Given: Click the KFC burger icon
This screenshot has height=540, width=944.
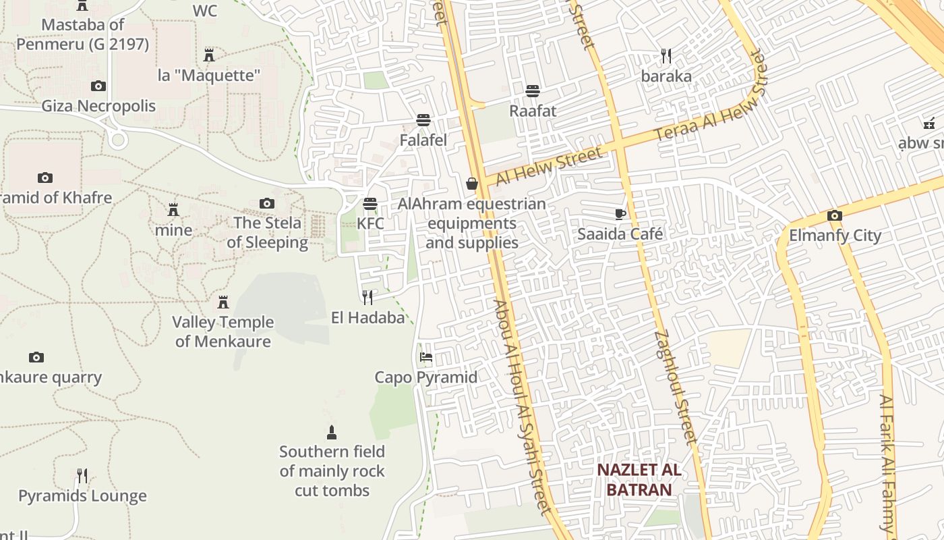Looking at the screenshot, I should (370, 203).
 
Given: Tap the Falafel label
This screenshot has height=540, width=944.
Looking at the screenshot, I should (423, 140).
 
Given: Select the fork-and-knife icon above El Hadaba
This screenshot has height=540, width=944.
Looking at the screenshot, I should (367, 298).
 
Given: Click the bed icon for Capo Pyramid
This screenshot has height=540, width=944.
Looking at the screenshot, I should (425, 357).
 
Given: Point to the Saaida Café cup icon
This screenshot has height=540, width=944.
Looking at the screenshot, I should (620, 214).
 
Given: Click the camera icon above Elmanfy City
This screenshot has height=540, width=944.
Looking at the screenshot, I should (835, 216).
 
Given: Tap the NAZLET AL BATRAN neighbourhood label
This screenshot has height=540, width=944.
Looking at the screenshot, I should (639, 480).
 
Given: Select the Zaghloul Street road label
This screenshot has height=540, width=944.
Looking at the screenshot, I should (675, 386).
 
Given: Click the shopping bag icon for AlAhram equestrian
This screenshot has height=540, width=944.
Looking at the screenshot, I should (471, 184).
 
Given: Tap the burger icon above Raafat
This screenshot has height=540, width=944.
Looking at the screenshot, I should (533, 90).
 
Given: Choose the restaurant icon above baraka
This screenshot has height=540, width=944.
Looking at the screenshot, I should (666, 55).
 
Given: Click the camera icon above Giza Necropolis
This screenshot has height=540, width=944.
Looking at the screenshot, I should (98, 86).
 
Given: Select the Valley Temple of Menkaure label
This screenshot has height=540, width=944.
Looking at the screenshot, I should (223, 331).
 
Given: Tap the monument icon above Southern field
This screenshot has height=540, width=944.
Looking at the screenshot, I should (331, 432).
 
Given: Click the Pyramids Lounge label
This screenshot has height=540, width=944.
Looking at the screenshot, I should (82, 496).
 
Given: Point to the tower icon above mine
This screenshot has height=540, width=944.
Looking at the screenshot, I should (173, 209).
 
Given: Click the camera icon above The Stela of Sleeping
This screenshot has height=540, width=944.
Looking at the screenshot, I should (267, 203).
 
